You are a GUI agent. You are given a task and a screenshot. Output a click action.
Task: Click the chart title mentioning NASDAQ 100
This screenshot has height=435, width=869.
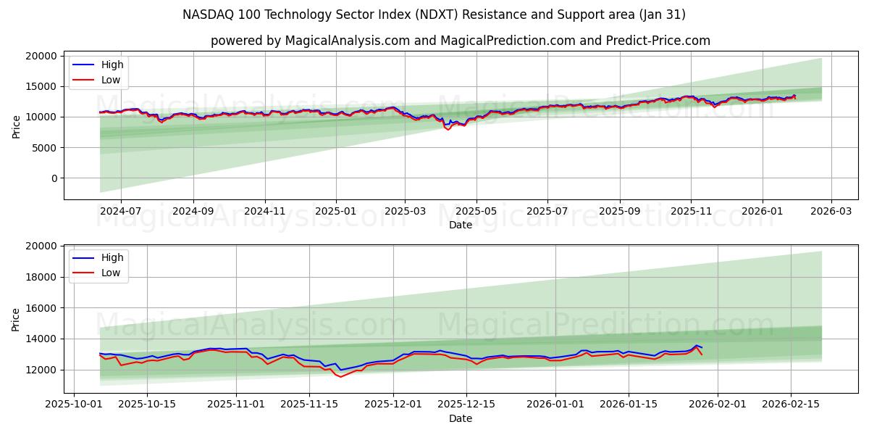(434, 14)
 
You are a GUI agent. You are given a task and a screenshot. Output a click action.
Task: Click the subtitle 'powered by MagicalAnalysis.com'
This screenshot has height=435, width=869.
(460, 41)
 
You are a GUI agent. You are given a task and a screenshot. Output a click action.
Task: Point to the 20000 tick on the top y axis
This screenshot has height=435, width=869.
(41, 56)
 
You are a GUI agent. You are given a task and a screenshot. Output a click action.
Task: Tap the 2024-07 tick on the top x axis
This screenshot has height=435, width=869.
(120, 211)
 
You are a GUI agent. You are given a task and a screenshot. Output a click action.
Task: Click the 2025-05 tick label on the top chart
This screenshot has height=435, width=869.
(477, 211)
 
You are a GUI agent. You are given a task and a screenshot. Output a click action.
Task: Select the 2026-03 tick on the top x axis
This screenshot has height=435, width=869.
(831, 211)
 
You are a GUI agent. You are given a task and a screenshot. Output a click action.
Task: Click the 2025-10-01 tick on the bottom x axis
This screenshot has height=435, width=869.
(75, 403)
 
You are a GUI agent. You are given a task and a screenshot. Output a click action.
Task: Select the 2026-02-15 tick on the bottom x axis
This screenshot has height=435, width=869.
(790, 403)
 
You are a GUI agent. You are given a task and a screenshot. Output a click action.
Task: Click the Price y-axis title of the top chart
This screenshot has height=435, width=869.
(17, 127)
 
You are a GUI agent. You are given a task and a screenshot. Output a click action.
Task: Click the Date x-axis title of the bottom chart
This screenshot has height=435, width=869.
(460, 418)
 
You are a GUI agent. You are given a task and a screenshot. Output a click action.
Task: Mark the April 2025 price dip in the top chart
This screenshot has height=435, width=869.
(448, 128)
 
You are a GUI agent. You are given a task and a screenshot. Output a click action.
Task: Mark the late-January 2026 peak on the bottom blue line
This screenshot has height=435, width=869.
(696, 345)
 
